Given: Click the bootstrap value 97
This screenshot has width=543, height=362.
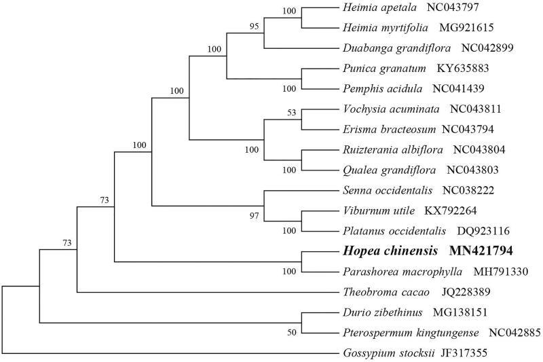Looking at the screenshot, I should [253, 216].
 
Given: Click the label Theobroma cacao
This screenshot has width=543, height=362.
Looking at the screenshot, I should [375, 292].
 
